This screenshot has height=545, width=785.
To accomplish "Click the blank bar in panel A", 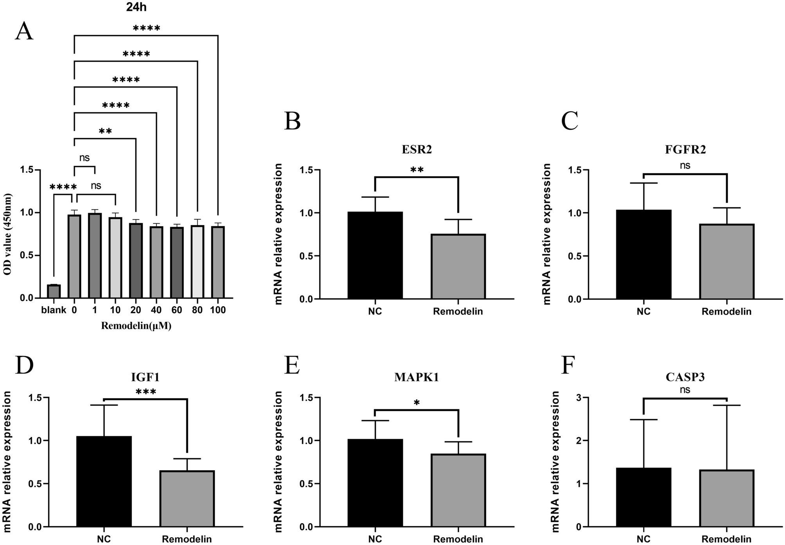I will tap(54, 291).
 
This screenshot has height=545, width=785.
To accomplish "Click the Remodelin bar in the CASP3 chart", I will tap(727, 498).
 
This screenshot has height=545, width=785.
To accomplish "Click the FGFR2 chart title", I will tap(685, 150).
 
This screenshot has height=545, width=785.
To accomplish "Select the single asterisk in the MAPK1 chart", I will tap(417, 403).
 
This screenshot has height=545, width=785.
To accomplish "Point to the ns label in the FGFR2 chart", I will tap(685, 166).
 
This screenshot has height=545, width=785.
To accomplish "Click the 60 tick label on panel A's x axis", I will tap(177, 310).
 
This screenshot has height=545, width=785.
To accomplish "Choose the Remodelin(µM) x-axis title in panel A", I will tap(136, 326).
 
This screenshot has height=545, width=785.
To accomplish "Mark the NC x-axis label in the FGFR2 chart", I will tap(643, 312).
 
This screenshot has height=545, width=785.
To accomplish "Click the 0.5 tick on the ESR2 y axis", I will tap(307, 256).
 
